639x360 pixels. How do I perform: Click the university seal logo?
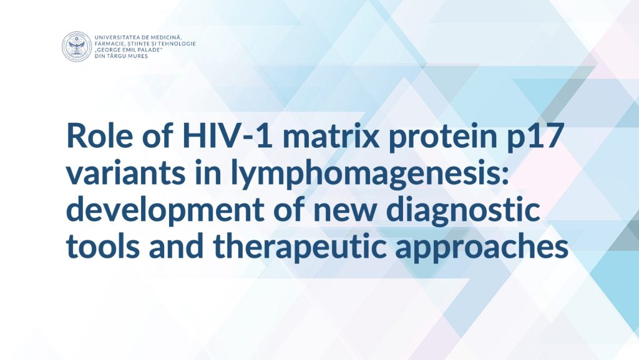77,46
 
